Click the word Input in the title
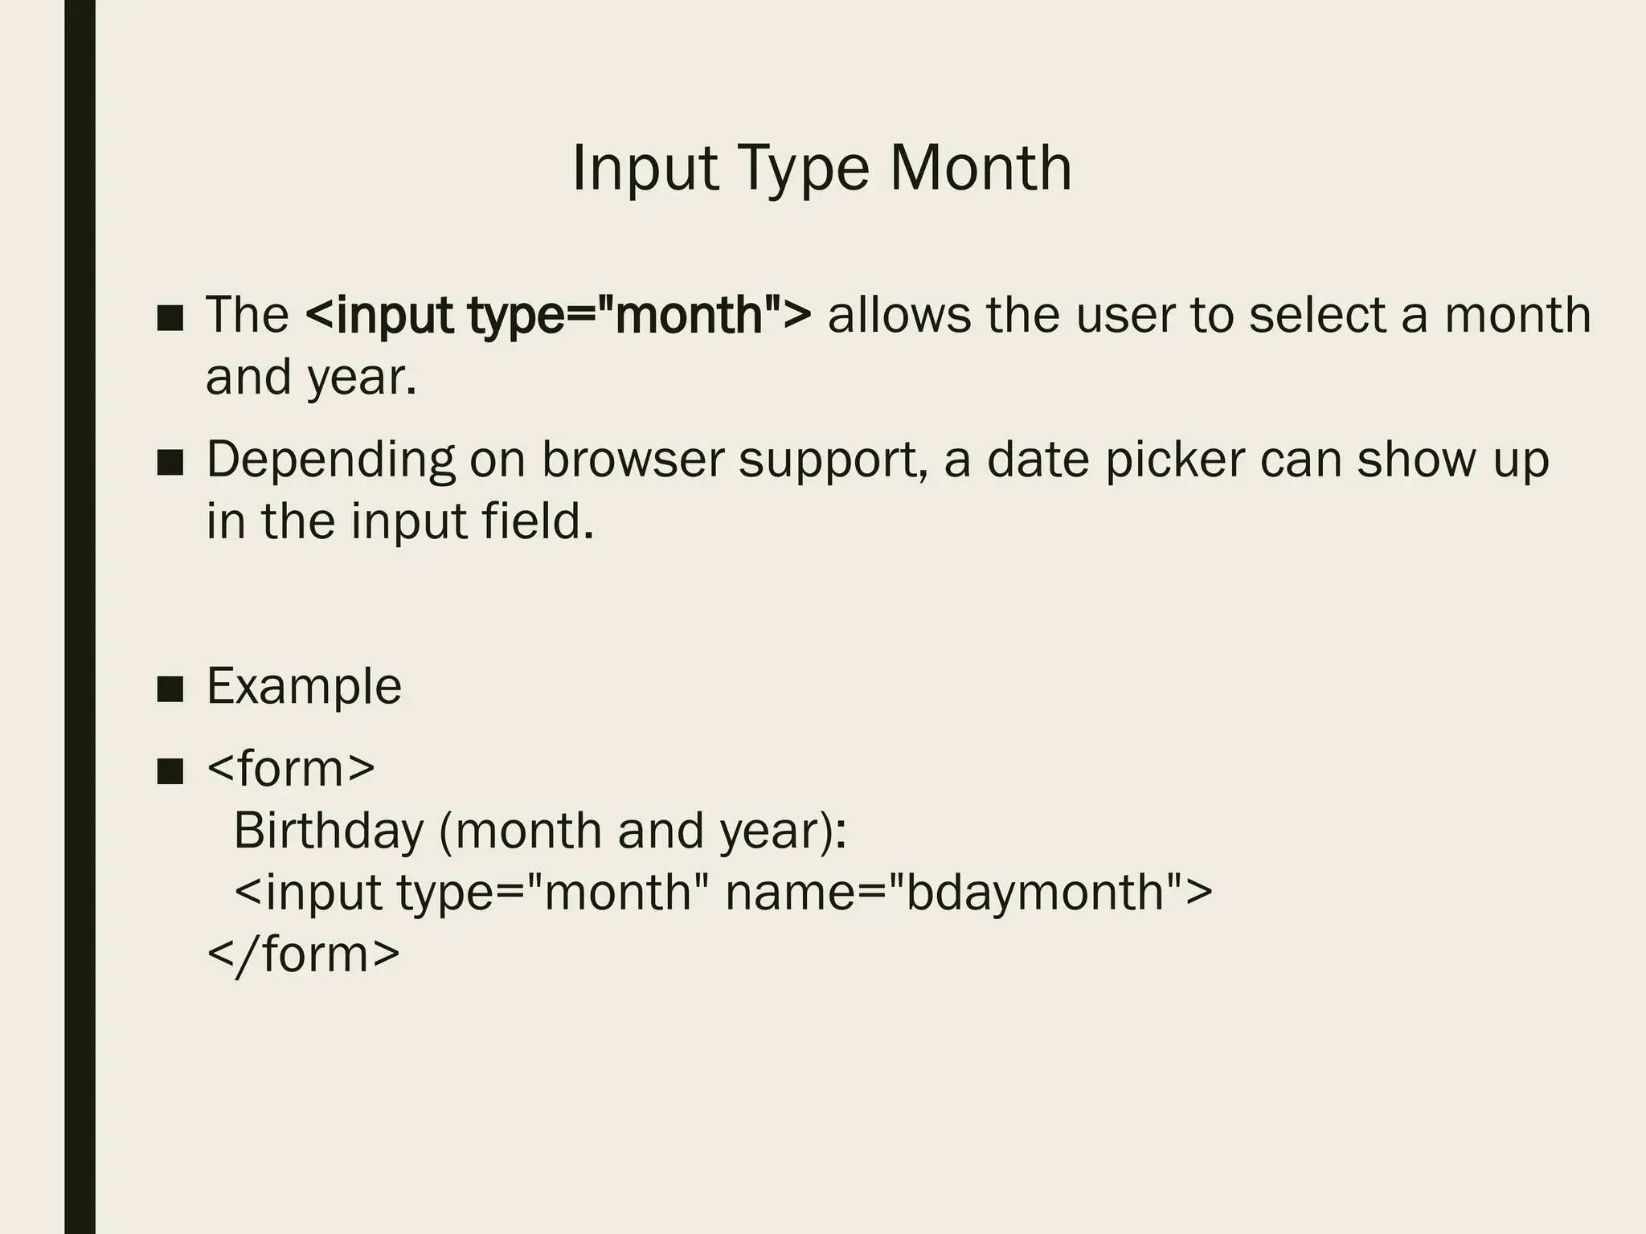tap(645, 170)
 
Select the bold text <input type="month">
tap(559, 315)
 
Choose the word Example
tap(304, 687)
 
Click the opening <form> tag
tap(291, 768)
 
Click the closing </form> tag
tap(303, 954)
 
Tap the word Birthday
tap(328, 830)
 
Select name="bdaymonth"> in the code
tap(968, 892)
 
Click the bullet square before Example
tap(170, 689)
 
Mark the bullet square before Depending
tap(170, 463)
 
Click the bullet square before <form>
tap(170, 771)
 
